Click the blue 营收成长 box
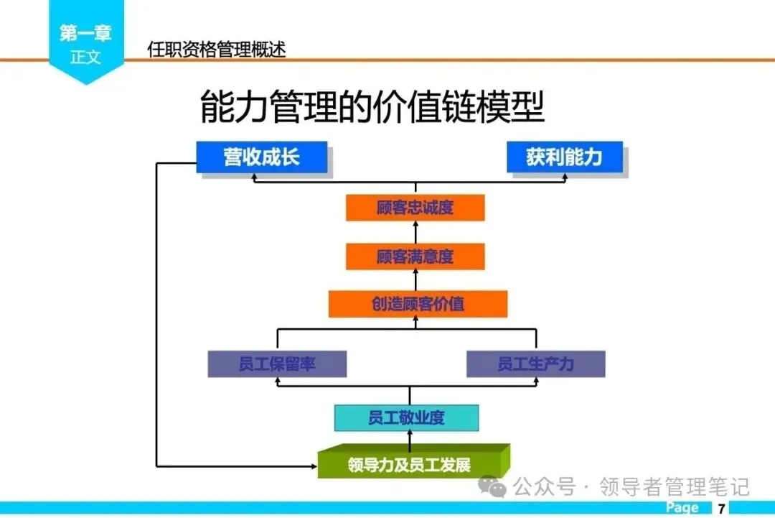click(x=262, y=157)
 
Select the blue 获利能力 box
click(x=564, y=157)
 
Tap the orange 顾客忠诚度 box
click(x=415, y=208)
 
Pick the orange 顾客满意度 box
click(x=415, y=256)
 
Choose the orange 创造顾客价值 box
click(x=418, y=304)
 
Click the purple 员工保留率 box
click(x=277, y=364)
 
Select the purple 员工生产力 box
click(x=535, y=364)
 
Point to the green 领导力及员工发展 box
click(x=409, y=464)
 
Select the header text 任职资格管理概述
click(x=216, y=49)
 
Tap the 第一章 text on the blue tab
click(x=85, y=33)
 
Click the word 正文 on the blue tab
click(x=85, y=57)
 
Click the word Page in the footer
click(x=682, y=508)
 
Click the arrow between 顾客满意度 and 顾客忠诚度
click(x=415, y=232)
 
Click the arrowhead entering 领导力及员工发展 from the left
click(x=312, y=466)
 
